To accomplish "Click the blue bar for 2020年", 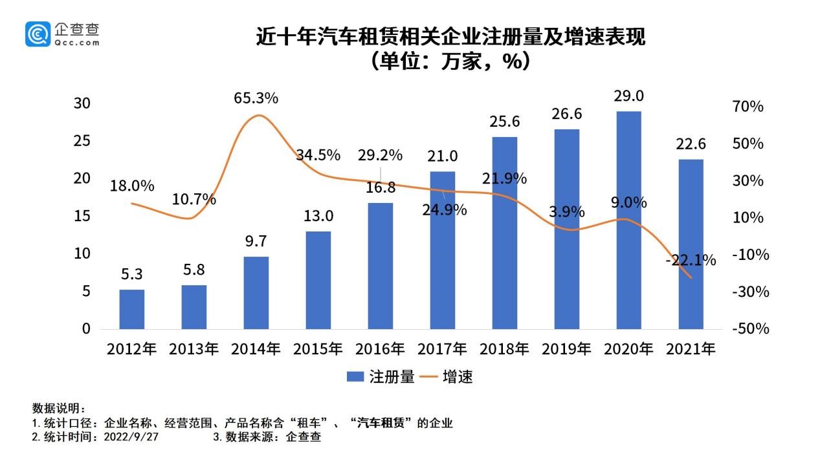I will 628,220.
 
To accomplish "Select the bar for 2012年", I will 132,309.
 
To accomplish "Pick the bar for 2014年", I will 256,292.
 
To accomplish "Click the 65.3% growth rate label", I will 256,98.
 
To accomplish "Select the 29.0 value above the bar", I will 628,96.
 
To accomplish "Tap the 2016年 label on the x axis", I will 380,349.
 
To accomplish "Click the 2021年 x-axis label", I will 691,349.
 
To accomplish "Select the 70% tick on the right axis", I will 752,107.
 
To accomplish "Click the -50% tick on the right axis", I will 751,328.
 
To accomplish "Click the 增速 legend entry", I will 447,377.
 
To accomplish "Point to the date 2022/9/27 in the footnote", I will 136,437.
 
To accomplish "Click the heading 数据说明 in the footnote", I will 58,409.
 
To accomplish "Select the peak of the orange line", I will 258,116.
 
